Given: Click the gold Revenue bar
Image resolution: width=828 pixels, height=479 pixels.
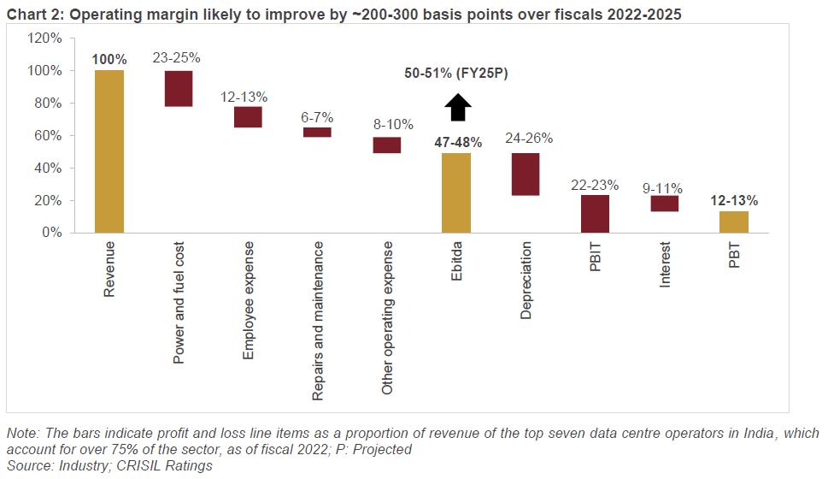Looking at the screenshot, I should coord(109,151).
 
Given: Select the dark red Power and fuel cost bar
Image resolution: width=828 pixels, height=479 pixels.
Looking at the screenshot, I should coord(179,88).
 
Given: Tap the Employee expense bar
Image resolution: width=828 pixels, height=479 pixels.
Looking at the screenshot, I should coord(248,116).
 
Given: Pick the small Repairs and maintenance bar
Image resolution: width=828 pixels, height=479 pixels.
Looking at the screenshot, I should coord(317,132).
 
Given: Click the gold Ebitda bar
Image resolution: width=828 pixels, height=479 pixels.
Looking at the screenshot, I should coord(455,192).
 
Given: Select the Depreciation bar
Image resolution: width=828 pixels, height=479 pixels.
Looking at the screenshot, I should coord(526,174).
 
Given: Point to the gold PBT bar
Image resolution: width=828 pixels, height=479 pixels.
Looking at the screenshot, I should coord(734,222).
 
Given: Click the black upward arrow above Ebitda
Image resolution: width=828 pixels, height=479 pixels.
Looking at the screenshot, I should coord(458,108).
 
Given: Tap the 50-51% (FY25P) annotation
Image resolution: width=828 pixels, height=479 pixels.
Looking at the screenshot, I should coord(456,74).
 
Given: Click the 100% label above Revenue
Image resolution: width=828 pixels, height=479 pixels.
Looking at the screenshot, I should coord(109,60).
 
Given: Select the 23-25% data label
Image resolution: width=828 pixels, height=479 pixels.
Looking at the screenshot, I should coord(177,58).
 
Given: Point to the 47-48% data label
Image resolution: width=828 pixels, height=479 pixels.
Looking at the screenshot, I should coord(458,142).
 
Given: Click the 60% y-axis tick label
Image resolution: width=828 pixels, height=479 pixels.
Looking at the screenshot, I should coord(47,136).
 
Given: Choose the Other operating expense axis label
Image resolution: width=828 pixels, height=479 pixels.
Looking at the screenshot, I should coord(388,317).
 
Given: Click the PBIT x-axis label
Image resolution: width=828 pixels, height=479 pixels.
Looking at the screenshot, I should coord(595,258).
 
